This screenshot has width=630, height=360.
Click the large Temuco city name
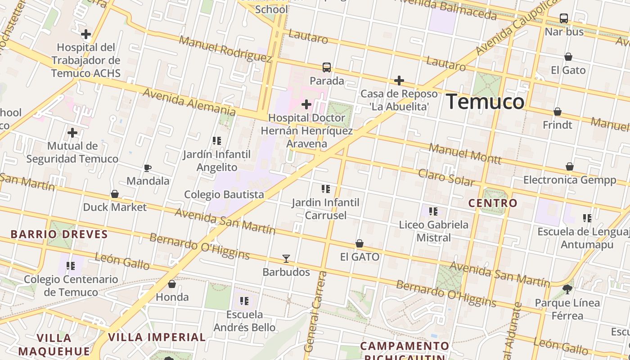tap(485, 102)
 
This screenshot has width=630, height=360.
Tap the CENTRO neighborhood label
tap(493, 203)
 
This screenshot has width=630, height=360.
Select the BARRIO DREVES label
tap(59, 234)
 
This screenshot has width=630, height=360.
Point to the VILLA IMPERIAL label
tap(157, 337)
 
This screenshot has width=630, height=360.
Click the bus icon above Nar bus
tap(564, 18)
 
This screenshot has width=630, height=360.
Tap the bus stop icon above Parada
tap(327, 67)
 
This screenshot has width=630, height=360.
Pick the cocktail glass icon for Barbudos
tap(286, 259)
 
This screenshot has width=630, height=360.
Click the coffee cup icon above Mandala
tap(147, 168)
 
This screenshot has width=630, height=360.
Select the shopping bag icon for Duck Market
tap(115, 194)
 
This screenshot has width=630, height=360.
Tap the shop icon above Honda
tap(172, 284)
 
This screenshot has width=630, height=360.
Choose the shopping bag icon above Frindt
tap(558, 112)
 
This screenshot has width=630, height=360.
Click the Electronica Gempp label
tap(570, 180)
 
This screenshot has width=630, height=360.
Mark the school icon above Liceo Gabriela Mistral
tap(433, 211)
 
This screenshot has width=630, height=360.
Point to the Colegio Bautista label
tap(224, 194)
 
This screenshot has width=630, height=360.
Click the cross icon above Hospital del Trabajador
tap(86, 34)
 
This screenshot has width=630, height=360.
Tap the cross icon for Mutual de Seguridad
tap(72, 133)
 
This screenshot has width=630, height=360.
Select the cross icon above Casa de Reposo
tap(399, 81)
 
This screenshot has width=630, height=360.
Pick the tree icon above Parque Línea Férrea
tap(567, 289)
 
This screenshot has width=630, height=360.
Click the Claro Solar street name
tap(446, 177)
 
